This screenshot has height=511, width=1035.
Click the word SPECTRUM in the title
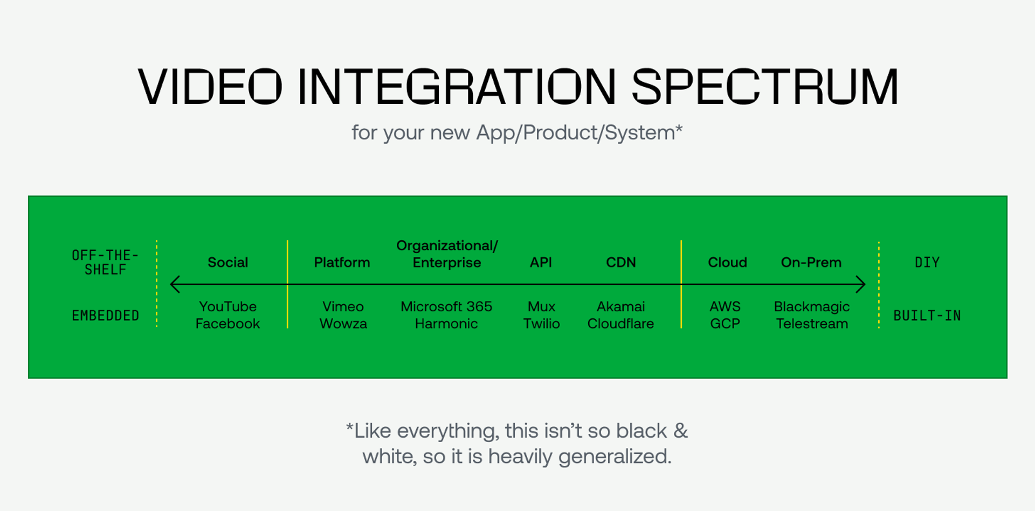click(764, 87)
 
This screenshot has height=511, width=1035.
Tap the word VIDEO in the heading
click(210, 87)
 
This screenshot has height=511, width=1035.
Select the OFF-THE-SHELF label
click(105, 262)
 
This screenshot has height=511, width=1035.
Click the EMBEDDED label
click(105, 316)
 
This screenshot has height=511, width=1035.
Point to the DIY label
click(927, 262)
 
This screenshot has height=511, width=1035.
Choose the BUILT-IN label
click(927, 316)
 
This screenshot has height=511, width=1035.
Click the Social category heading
click(227, 262)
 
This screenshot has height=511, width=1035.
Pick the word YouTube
click(227, 306)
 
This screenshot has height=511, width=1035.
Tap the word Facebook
click(227, 324)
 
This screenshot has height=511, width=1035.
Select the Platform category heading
click(342, 262)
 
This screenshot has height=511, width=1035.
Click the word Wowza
click(343, 324)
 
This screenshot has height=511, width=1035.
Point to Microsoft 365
click(446, 306)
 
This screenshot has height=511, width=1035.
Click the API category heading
click(541, 262)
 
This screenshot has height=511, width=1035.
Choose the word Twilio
click(541, 324)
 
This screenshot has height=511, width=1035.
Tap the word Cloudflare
click(620, 324)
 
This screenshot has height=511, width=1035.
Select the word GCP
click(724, 324)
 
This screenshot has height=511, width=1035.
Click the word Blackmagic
click(811, 307)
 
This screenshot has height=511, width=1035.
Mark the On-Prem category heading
click(811, 262)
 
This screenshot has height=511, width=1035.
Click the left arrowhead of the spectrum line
click(174, 284)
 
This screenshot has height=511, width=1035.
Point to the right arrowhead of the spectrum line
click(861, 284)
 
